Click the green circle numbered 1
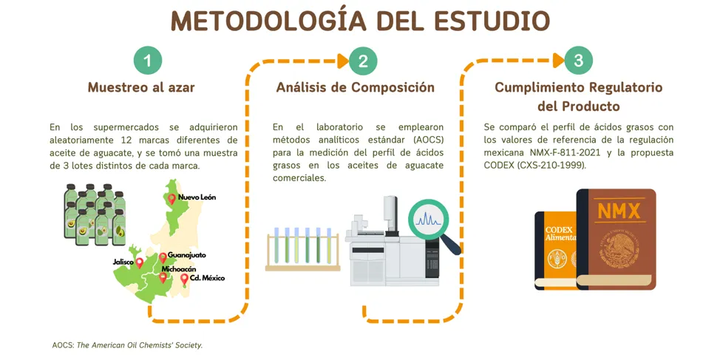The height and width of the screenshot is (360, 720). pyautogui.click(x=147, y=61)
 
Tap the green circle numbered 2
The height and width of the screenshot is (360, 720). pyautogui.click(x=363, y=61)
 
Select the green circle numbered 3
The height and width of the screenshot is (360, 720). pyautogui.click(x=579, y=61)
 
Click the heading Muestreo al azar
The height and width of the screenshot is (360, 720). pyautogui.click(x=141, y=87)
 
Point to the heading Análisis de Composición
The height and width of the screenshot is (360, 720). pyautogui.click(x=356, y=87)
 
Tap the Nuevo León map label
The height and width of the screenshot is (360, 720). pyautogui.click(x=197, y=197)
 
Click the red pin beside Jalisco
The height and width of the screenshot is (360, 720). pyautogui.click(x=139, y=262)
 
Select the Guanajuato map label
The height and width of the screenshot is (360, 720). pyautogui.click(x=187, y=255)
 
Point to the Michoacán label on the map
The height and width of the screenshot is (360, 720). pyautogui.click(x=179, y=268)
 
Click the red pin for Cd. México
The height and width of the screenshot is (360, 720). pyautogui.click(x=184, y=279)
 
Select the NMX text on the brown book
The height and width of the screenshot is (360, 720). pyautogui.click(x=619, y=211)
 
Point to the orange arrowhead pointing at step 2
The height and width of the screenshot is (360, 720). pyautogui.click(x=343, y=61)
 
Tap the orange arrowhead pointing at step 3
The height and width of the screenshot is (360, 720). pyautogui.click(x=559, y=60)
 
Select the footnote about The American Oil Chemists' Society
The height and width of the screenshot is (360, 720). pyautogui.click(x=127, y=345)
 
